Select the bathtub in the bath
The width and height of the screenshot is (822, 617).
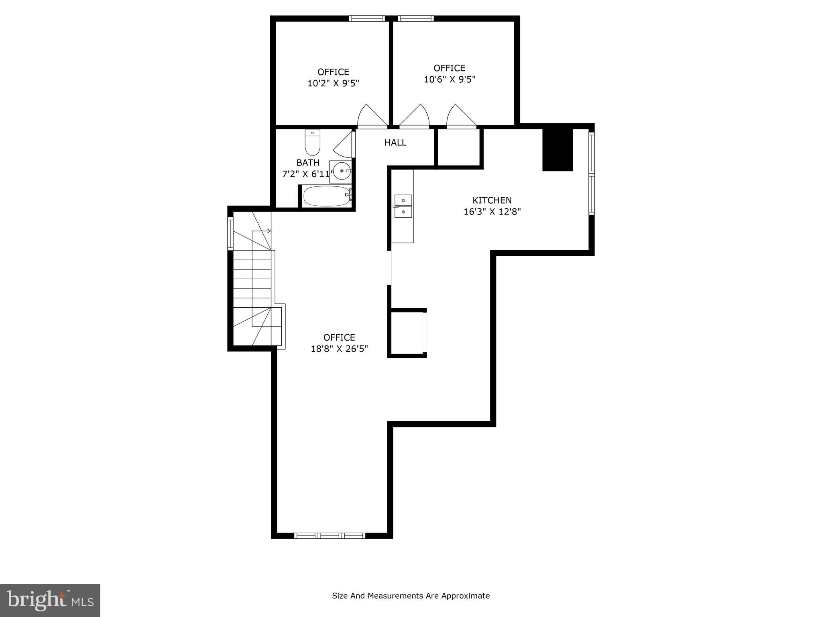point(326,196)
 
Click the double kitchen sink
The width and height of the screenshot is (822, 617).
point(403,206)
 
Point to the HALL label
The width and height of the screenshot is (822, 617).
point(395,143)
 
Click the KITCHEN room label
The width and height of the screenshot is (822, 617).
point(492,200)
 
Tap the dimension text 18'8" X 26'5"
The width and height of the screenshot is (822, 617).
point(339,349)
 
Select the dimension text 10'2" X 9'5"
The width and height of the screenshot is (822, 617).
point(333,84)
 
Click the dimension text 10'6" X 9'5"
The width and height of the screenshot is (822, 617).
point(450,80)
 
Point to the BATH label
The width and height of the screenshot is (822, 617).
point(308,163)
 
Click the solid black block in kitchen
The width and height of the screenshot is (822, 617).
point(557,150)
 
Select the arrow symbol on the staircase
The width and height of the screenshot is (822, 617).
point(269,231)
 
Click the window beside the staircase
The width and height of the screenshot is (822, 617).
point(230,233)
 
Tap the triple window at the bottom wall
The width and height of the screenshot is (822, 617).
point(330,535)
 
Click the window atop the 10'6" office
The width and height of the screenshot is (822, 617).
point(416,18)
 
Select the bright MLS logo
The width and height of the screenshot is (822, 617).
point(50,601)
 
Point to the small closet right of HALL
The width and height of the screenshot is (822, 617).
point(458,147)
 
